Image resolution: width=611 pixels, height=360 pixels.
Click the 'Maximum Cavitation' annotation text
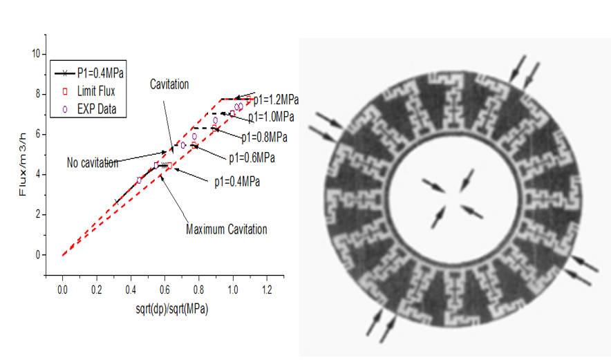pyautogui.click(x=226, y=229)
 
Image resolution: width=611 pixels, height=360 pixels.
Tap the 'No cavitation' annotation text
pyautogui.click(x=93, y=163)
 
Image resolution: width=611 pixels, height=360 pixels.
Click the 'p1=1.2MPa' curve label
pyautogui.click(x=276, y=100)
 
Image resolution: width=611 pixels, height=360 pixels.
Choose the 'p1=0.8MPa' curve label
pyautogui.click(x=263, y=137)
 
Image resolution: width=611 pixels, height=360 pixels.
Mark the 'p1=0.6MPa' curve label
pyautogui.click(x=252, y=158)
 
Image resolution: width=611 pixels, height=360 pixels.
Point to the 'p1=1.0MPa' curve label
pyautogui.click(x=270, y=116)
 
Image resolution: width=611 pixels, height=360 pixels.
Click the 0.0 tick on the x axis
pyautogui.click(x=62, y=290)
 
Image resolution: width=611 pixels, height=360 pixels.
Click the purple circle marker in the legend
pyautogui.click(x=66, y=108)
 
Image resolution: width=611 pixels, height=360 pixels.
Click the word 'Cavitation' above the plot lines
pyautogui.click(x=169, y=84)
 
